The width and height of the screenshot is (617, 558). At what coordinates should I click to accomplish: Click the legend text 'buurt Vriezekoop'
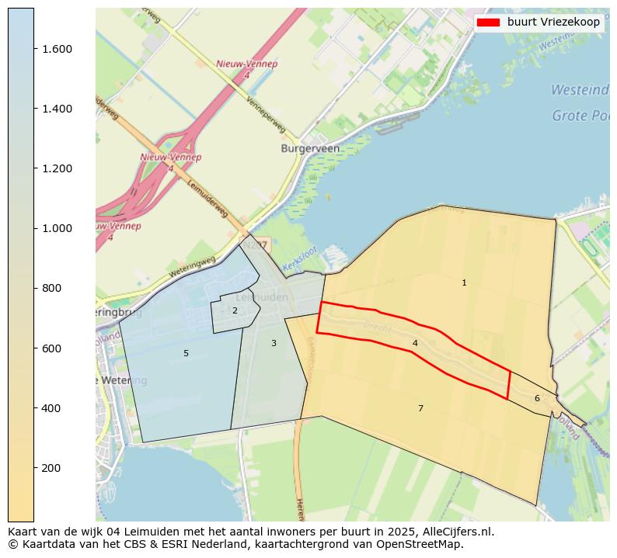[553, 23]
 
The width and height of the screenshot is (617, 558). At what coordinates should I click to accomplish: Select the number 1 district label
[464, 283]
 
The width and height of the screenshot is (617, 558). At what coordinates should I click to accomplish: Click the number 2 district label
[235, 311]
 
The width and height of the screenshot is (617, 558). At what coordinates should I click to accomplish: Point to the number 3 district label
[274, 343]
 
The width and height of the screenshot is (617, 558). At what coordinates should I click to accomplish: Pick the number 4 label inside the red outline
[415, 343]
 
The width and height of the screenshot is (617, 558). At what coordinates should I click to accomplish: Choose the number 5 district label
[186, 354]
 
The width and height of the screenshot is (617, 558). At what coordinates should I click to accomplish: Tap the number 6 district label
[537, 399]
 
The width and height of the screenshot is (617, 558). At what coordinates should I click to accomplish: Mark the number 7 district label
[420, 408]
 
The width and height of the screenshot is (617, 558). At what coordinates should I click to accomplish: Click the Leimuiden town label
[262, 297]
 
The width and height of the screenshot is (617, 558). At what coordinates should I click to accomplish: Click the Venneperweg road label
[266, 115]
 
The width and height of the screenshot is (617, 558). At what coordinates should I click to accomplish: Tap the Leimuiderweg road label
[207, 198]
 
